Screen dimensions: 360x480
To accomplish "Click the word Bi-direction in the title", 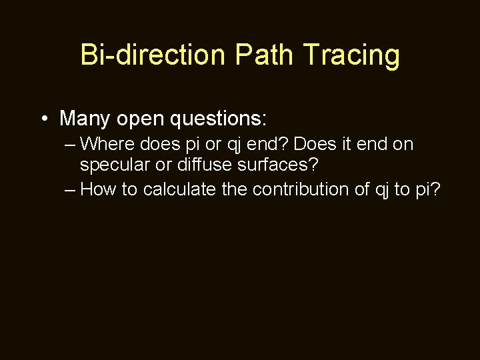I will coord(153,55).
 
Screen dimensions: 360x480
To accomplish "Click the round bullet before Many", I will coord(43,119).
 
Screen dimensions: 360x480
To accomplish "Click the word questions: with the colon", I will coord(219,119).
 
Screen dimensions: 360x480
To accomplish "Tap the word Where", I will coord(107,144).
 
